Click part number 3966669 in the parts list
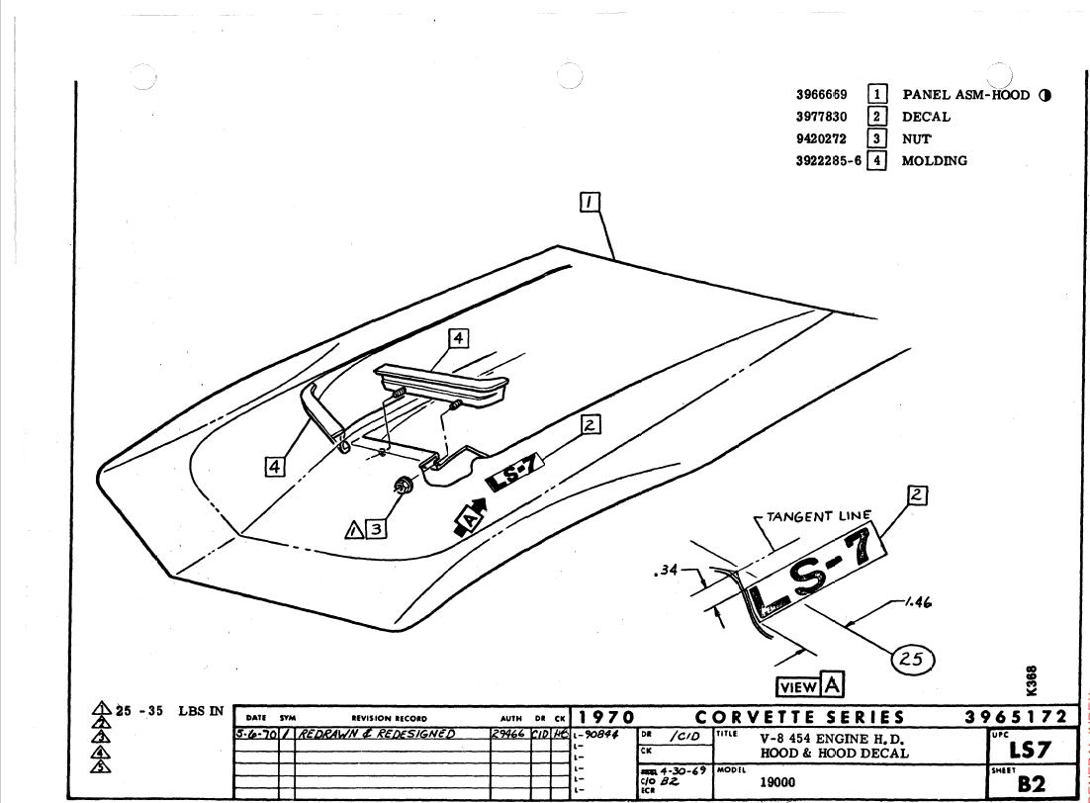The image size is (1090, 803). tap(821, 96)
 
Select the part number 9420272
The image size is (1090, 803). tap(821, 138)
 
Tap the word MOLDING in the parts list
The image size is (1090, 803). tap(934, 160)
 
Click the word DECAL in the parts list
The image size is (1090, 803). tap(926, 117)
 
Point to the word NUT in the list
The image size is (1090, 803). tap(917, 138)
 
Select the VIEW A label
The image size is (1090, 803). tap(810, 685)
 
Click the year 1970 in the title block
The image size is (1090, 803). tap(606, 717)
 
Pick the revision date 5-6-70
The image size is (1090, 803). tap(256, 734)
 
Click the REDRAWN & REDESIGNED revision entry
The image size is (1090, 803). tap(376, 734)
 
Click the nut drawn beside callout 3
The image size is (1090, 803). tap(404, 486)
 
